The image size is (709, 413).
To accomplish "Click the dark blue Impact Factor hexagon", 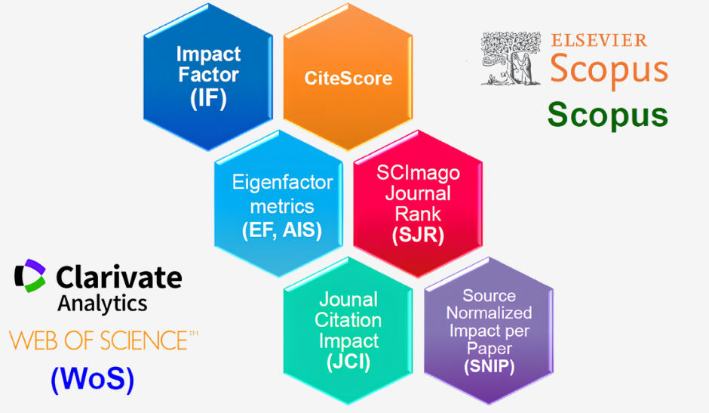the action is [x=208, y=77].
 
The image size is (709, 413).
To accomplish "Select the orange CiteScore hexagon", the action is [x=348, y=77].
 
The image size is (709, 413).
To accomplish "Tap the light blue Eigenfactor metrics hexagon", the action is [x=278, y=204].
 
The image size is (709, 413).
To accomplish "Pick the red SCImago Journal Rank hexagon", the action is [x=418, y=204].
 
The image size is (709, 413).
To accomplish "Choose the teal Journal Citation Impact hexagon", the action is [x=348, y=331].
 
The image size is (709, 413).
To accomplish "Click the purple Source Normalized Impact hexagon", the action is [x=489, y=331].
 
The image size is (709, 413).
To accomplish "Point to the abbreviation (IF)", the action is [x=208, y=98].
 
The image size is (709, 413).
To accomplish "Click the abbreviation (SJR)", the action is [x=419, y=235].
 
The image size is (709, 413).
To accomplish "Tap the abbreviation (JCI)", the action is [x=348, y=362].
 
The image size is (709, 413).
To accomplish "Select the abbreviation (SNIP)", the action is [x=490, y=366].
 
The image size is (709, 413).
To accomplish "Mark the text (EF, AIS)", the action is [x=282, y=230].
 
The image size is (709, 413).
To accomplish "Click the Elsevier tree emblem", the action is [x=511, y=58].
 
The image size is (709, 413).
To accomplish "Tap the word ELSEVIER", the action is [x=599, y=40].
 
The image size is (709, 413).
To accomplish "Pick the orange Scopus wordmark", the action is [x=609, y=70].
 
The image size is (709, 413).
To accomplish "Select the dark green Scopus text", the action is [x=608, y=116].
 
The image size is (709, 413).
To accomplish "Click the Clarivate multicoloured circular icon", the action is [x=30, y=276].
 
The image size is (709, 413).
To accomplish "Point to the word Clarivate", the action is [x=119, y=276].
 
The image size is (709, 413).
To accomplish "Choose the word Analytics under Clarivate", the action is [x=102, y=304].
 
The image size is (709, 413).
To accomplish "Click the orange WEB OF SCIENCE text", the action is [x=103, y=341].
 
